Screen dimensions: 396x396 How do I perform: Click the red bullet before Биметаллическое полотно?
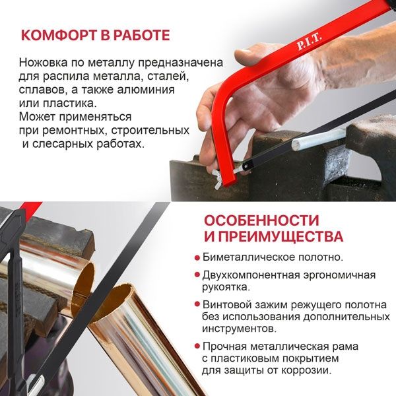(197, 257)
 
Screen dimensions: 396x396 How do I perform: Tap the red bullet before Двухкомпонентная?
(197, 275)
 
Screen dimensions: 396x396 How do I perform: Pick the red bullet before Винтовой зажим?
(197, 305)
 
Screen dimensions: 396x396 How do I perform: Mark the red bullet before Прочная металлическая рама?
(197, 346)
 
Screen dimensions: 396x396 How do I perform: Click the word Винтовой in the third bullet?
(226, 304)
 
